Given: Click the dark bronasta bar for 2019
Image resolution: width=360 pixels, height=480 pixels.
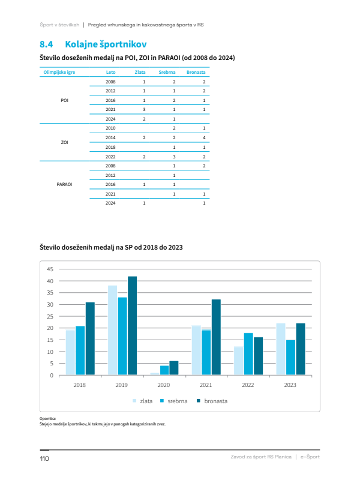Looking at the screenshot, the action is click(132, 326).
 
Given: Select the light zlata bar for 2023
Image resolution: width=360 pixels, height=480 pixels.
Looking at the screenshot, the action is click(281, 349).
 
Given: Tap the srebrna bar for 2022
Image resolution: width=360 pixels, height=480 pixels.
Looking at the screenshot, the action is click(248, 354).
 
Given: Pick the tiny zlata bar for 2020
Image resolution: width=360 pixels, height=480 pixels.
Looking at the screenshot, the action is click(155, 374).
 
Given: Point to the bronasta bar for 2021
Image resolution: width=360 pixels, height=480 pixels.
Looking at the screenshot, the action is click(216, 337).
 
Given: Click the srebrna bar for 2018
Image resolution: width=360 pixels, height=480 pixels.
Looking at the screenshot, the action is click(80, 350).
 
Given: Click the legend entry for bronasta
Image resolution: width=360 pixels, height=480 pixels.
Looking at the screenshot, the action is click(212, 401).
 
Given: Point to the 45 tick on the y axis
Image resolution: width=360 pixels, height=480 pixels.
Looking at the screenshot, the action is click(50, 269).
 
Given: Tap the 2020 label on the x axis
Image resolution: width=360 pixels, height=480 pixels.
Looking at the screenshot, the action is click(163, 385).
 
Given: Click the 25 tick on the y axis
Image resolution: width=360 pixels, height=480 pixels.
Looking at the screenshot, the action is click(50, 316).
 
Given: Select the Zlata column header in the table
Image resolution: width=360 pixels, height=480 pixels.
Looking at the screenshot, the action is click(140, 72).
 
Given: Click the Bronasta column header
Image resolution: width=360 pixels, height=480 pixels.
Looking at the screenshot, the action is click(196, 72).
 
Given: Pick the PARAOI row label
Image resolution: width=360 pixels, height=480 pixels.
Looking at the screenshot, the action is click(64, 184).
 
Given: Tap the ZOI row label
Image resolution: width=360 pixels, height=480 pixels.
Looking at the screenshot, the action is click(64, 142).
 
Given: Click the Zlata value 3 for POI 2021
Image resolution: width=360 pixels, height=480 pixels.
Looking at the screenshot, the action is click(144, 109).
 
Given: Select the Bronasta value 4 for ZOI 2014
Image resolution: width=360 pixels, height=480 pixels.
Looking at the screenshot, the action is click(204, 137).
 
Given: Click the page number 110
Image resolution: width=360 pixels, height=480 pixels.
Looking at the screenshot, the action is click(44, 458).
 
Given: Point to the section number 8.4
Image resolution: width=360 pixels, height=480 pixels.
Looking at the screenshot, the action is click(46, 44).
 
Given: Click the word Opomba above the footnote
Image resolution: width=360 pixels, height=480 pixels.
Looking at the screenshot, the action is click(47, 418).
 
